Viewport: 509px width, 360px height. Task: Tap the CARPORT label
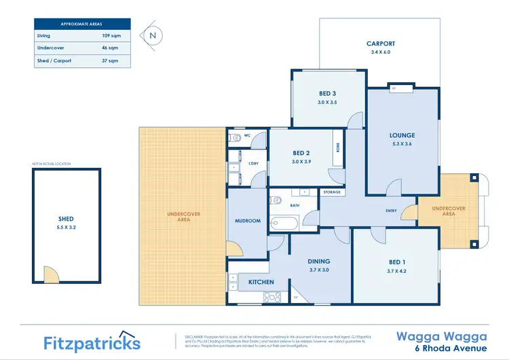(380, 43)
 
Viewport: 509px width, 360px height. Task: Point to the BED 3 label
(328, 93)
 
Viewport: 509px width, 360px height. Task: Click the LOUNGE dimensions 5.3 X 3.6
(402, 144)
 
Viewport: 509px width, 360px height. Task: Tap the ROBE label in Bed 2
(337, 148)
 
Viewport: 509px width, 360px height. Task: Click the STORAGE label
(332, 192)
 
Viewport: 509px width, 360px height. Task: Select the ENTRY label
(391, 211)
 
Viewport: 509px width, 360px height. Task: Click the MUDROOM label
(248, 221)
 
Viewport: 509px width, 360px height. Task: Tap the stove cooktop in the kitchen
(272, 297)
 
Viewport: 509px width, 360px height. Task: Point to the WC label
(247, 136)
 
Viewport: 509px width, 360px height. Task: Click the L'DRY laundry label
(253, 164)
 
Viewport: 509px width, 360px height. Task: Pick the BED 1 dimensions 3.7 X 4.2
(397, 270)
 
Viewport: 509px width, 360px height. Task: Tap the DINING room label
(318, 261)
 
